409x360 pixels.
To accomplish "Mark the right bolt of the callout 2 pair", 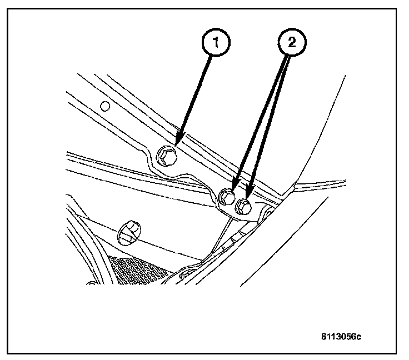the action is [243, 207].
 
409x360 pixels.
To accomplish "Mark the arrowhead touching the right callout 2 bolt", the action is [248, 196].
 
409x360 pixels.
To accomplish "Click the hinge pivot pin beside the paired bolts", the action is [265, 212].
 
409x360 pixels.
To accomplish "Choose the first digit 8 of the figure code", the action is [323, 336].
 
